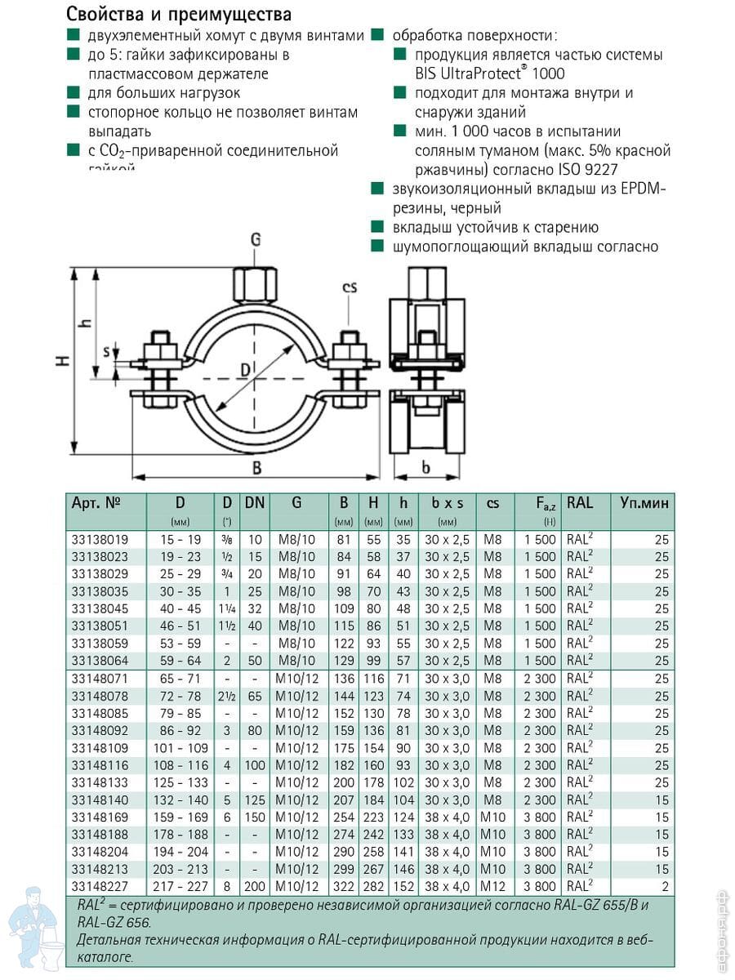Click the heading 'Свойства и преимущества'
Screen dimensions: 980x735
(x=178, y=14)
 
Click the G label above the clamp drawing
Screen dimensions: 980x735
(x=255, y=239)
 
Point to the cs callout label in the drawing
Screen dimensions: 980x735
(x=350, y=287)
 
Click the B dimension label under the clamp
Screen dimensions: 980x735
(x=256, y=468)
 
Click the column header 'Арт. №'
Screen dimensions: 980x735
(x=96, y=503)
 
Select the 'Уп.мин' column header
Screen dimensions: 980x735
(x=644, y=503)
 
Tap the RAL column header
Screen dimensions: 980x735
(x=580, y=503)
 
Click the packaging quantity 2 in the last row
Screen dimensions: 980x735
(x=665, y=886)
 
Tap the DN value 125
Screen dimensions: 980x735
(x=255, y=800)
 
